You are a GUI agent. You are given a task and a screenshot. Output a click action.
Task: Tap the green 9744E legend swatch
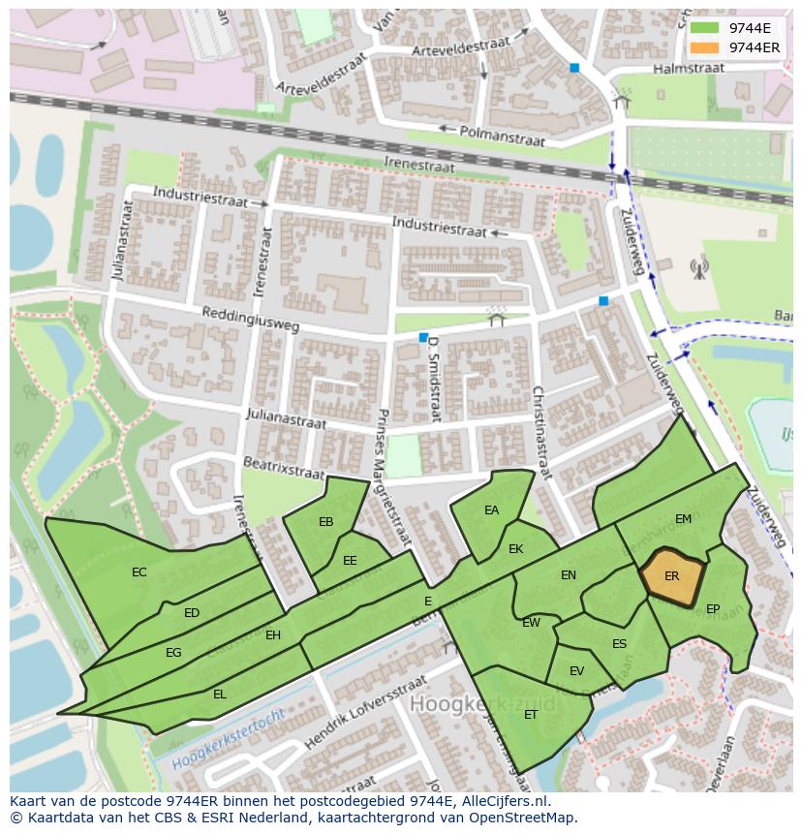tap(705, 28)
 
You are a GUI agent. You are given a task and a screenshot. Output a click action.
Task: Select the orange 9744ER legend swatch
tap(705, 47)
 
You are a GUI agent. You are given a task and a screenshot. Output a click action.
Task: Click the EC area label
tap(139, 572)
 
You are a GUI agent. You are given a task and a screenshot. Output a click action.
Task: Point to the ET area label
tap(531, 715)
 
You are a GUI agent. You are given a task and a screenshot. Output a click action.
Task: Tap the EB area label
tap(326, 522)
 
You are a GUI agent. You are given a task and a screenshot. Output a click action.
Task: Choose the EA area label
tap(492, 510)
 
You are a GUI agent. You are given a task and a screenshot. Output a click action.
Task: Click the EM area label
tap(684, 519)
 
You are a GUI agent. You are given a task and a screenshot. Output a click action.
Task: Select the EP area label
tap(713, 609)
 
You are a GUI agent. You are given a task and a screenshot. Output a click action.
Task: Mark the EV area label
tap(577, 671)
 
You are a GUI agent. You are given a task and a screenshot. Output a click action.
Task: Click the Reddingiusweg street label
tap(251, 321)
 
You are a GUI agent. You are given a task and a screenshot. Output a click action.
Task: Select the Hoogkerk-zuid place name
tap(483, 702)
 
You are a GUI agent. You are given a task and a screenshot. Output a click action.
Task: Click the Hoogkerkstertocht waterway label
tap(229, 740)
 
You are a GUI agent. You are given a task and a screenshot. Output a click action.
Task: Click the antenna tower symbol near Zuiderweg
tap(698, 268)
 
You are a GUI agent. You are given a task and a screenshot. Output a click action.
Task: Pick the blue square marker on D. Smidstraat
tap(423, 337)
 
